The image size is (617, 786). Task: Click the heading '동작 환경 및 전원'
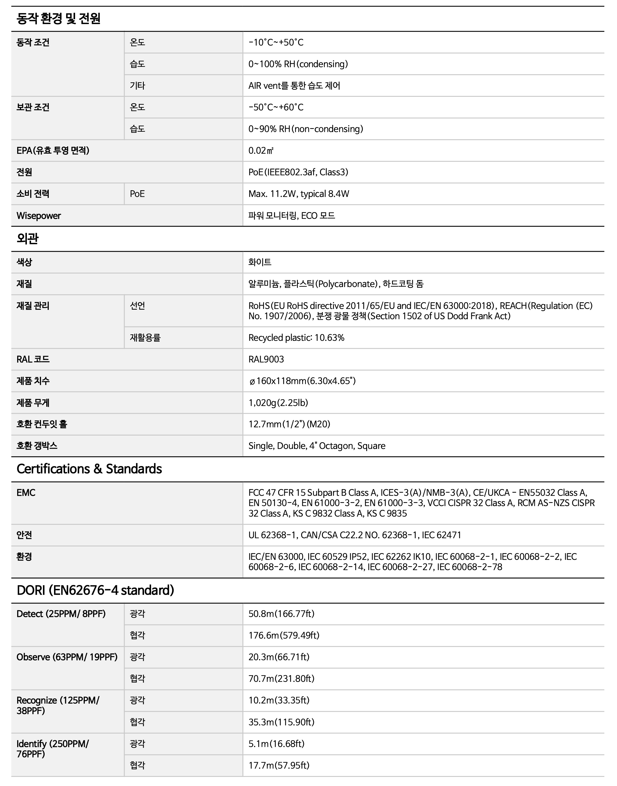[x=58, y=19]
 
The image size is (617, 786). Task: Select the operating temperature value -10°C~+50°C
[x=276, y=42]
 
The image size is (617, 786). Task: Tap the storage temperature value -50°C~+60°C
[x=276, y=107]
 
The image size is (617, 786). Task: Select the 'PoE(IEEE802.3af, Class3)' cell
[x=298, y=172]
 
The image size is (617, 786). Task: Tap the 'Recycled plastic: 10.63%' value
[x=296, y=338]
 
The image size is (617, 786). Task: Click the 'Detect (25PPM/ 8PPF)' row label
[x=61, y=614]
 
